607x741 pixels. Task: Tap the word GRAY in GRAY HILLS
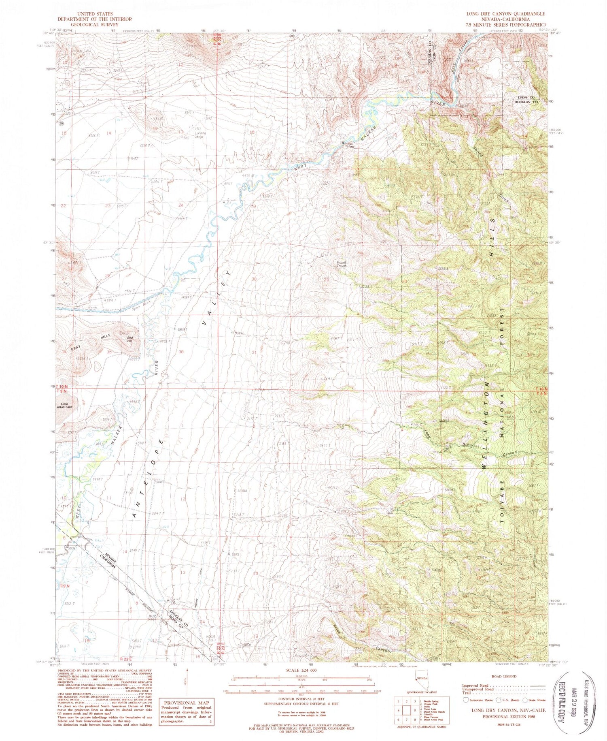click(x=76, y=349)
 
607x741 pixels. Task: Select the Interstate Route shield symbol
click(x=466, y=700)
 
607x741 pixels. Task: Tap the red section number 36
click(x=181, y=352)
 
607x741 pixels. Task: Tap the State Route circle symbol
click(x=525, y=700)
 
